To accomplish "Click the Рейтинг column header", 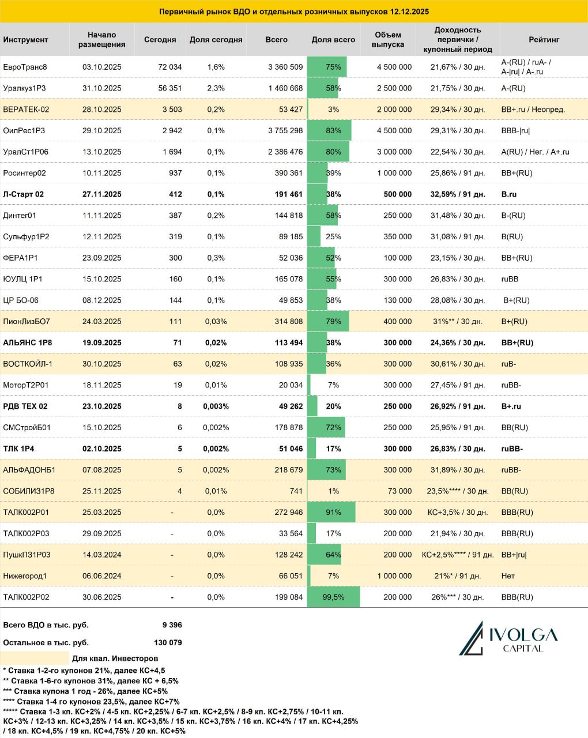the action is (544, 39).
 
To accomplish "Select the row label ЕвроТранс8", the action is (25, 67).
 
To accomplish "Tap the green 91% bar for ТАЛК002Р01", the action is (331, 512).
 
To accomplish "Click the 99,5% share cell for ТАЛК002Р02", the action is (333, 597).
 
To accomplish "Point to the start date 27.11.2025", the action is (102, 194).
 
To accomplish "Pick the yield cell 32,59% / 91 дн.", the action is (458, 194).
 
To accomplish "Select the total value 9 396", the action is (172, 625).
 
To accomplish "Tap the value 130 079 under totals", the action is (168, 642).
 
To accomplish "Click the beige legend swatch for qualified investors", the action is (35, 658).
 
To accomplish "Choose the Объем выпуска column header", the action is (388, 39).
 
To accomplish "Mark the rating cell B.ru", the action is (509, 194).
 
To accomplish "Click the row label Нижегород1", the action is (25, 576).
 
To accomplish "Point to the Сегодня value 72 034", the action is (169, 67).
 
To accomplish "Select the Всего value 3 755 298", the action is (285, 130).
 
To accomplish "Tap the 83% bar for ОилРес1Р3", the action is (329, 130).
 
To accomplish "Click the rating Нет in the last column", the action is (508, 576).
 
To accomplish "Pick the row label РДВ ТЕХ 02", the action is (25, 406).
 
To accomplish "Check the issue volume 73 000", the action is (399, 491).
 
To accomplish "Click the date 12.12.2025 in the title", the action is (409, 12).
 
